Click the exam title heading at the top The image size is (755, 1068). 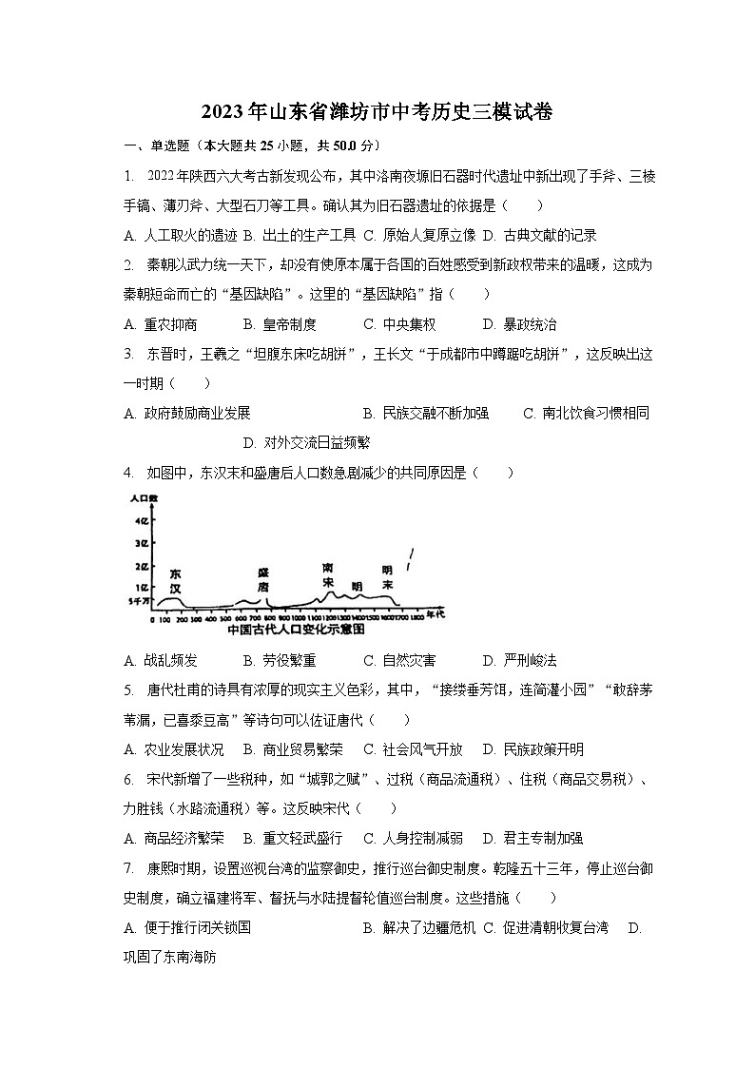[377, 112]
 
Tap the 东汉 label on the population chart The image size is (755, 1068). [175, 581]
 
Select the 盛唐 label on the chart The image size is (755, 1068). [263, 580]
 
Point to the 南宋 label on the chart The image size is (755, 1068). [328, 573]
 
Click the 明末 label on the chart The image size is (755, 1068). [387, 577]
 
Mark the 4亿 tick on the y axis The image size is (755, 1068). [142, 520]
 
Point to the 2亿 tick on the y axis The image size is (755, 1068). [142, 567]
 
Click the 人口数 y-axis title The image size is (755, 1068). [145, 499]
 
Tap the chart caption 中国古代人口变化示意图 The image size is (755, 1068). [297, 630]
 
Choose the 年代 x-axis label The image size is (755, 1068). [435, 615]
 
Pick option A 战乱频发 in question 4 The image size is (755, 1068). [161, 660]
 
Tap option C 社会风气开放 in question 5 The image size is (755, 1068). [413, 748]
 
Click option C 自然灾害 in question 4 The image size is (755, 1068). [399, 660]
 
